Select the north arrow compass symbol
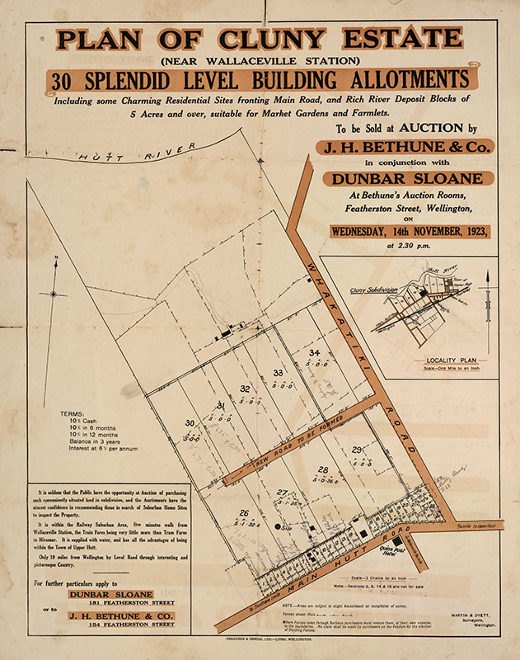coord(54,293)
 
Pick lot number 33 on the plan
coord(278,374)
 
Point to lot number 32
coord(245,389)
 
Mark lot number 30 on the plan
coord(189,423)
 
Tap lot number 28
coord(323,469)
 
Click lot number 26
coord(243,513)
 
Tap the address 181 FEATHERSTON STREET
coord(111,604)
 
